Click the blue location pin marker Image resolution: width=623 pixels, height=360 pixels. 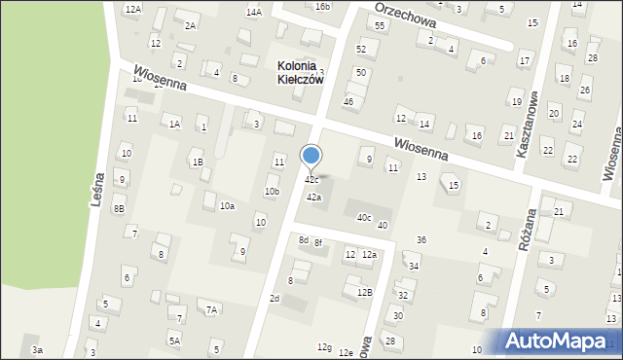point(311,157)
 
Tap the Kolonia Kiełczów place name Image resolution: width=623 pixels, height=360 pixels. point(300,73)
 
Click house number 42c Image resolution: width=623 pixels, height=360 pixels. point(311,180)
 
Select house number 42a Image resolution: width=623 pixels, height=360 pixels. point(313,198)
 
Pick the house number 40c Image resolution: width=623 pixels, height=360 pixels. point(364,217)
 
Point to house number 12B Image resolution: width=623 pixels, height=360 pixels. point(365,292)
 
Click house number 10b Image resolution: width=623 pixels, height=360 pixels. point(272,192)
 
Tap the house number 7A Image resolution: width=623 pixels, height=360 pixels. point(210,309)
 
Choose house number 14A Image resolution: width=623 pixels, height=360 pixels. point(254,12)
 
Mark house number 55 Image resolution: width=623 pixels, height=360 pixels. point(380,25)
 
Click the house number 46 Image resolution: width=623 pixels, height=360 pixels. point(348,101)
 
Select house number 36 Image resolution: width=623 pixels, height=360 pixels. point(421,239)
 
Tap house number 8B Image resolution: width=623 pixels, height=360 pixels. point(119,208)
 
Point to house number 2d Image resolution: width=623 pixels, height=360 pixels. point(275,298)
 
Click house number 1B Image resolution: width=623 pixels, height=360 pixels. point(198,162)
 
